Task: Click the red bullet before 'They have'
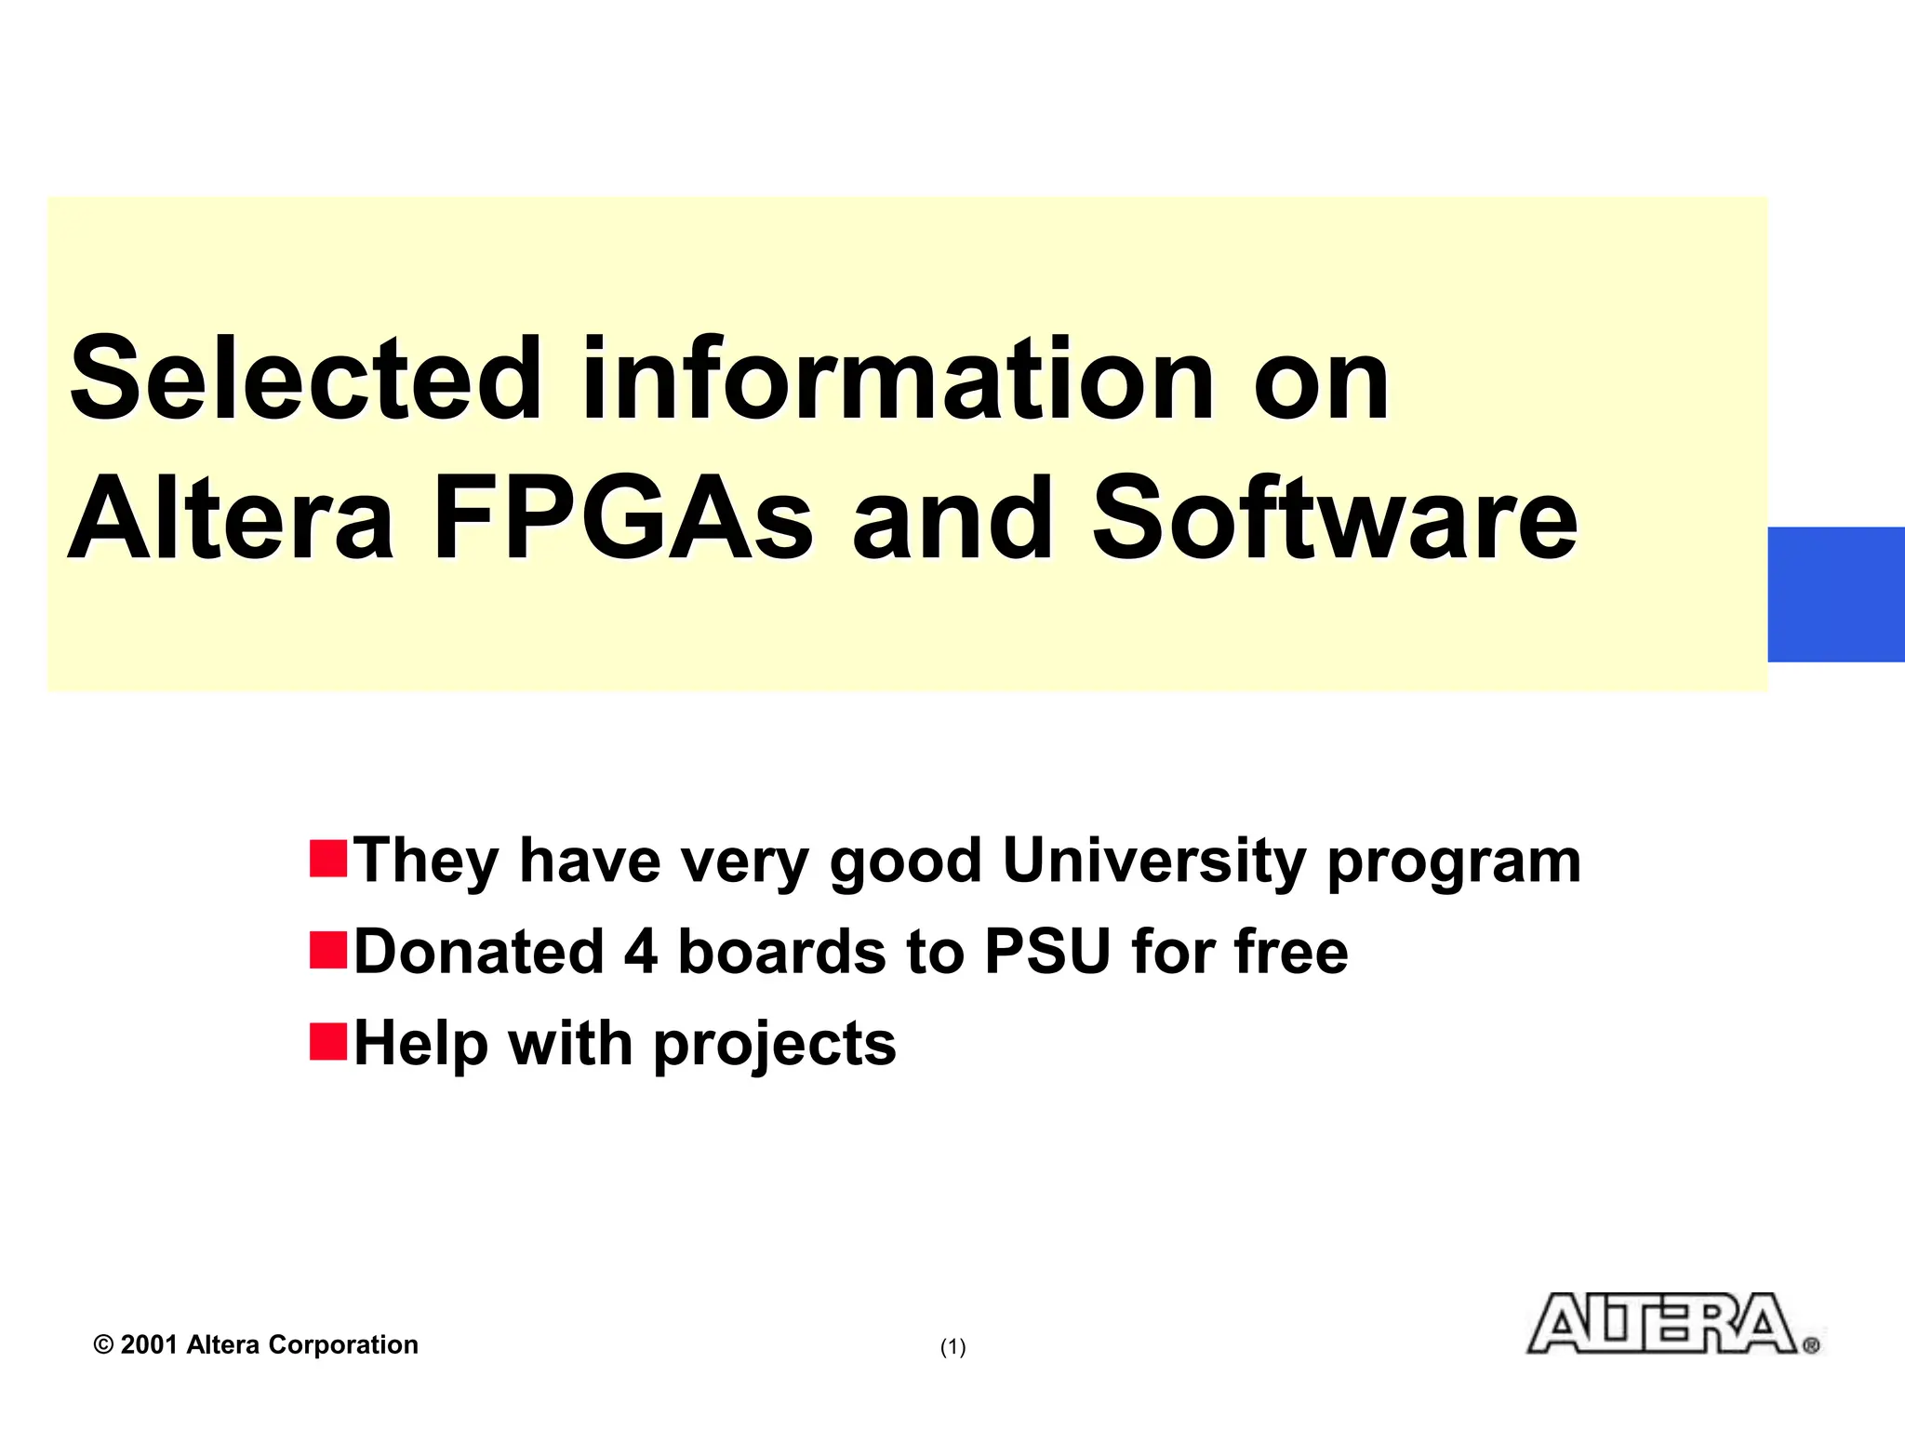pyautogui.click(x=328, y=858)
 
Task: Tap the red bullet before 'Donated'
pyautogui.click(x=328, y=949)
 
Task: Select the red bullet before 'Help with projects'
pyautogui.click(x=328, y=1040)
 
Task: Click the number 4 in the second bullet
pyautogui.click(x=641, y=952)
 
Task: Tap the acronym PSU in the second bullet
pyautogui.click(x=1047, y=952)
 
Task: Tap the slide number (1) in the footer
pyautogui.click(x=952, y=1346)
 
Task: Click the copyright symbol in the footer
pyautogui.click(x=103, y=1345)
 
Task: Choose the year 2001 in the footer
pyautogui.click(x=149, y=1345)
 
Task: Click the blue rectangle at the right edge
pyautogui.click(x=1835, y=594)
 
